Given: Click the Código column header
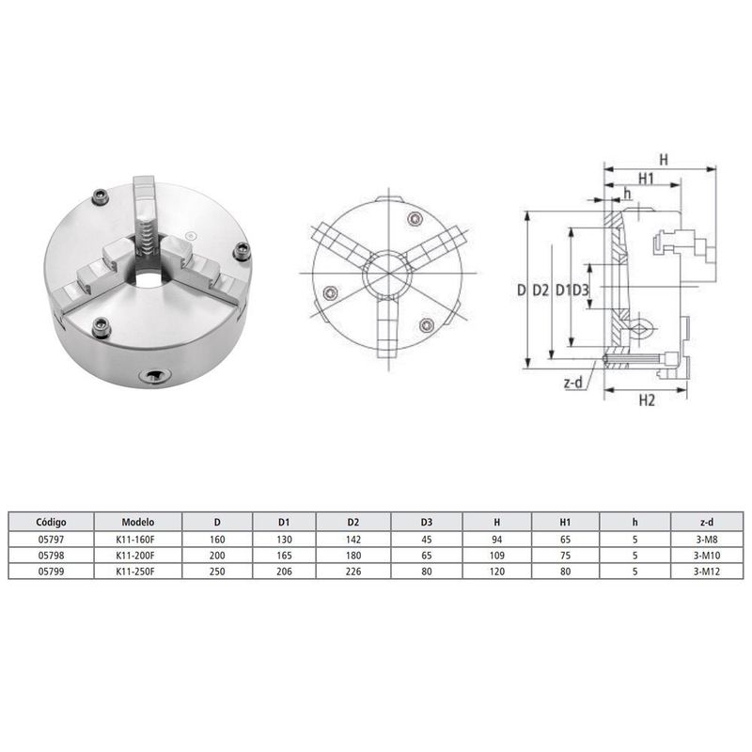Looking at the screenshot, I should (51, 522).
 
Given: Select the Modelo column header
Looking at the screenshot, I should (137, 522).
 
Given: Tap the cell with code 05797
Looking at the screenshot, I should (51, 540).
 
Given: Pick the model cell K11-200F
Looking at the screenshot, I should (137, 556).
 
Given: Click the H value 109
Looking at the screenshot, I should (496, 556).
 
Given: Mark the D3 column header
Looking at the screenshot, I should (426, 522).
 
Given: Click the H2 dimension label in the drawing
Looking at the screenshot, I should (646, 401).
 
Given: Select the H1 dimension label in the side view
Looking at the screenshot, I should (647, 179).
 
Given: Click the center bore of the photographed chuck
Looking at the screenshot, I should (148, 279).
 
